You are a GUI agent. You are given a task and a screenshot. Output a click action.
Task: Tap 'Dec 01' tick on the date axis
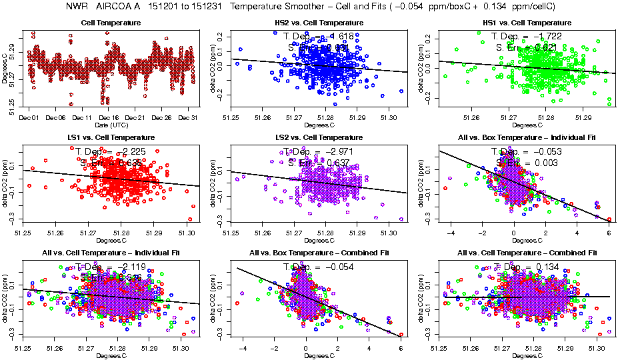(x=29, y=118)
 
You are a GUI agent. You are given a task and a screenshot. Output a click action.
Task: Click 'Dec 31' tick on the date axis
(x=189, y=118)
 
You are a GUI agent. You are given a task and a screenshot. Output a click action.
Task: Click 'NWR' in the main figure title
(x=78, y=6)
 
